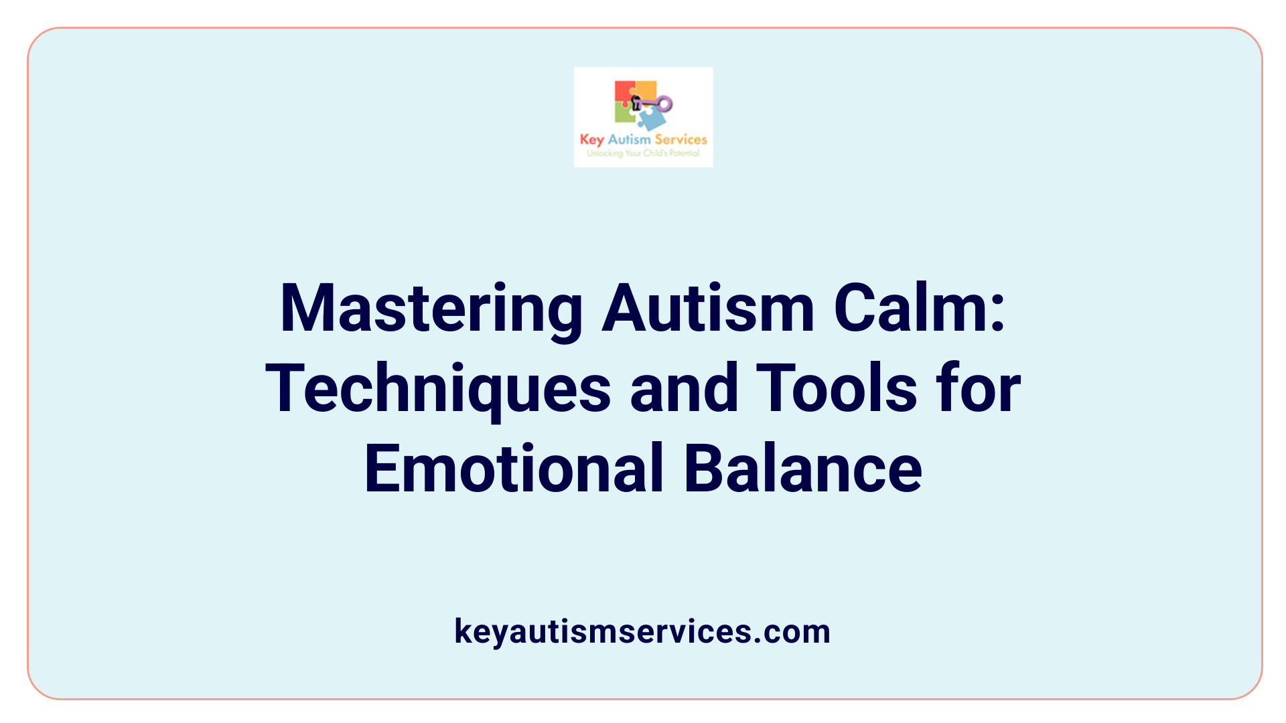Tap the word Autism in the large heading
point(708,309)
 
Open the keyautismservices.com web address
point(642,631)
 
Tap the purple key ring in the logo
point(664,104)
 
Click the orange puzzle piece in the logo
point(646,89)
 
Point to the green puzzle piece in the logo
point(624,114)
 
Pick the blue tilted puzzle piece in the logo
point(651,120)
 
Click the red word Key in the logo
point(591,140)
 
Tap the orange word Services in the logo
point(681,139)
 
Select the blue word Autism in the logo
point(629,139)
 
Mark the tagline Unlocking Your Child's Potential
point(643,153)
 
